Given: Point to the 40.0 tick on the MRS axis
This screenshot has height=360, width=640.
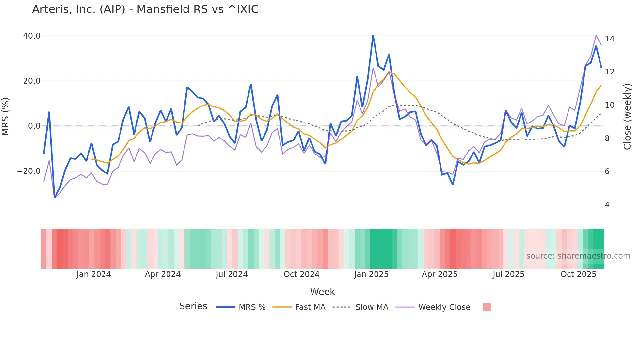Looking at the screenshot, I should pos(32,36).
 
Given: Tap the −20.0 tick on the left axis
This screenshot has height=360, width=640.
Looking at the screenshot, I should pos(29,171).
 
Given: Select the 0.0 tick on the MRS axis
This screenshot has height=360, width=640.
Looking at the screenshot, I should pos(34,126).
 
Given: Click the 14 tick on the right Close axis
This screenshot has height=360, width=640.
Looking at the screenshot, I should pos(609,39).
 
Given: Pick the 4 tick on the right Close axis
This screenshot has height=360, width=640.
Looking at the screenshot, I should pos(607,205).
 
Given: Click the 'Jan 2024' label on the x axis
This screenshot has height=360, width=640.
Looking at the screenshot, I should pos(94,274).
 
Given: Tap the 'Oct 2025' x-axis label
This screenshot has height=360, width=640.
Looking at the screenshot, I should pos(578,274).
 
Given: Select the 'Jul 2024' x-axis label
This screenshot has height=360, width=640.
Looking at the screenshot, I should pos(232,274).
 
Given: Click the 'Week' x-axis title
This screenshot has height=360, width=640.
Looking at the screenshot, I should pos(322,292).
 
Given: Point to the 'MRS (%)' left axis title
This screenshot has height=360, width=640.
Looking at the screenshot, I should pos(6,117).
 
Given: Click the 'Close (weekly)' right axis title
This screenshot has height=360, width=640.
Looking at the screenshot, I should pos(627,117).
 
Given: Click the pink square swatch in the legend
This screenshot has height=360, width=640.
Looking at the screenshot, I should pos(487,307).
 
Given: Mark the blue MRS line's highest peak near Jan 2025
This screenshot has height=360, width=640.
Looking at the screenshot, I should pos(373,36).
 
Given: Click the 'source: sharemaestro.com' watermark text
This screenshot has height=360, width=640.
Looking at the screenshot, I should pos(578,256).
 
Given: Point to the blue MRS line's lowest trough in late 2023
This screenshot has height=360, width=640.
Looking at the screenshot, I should pos(55,198).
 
